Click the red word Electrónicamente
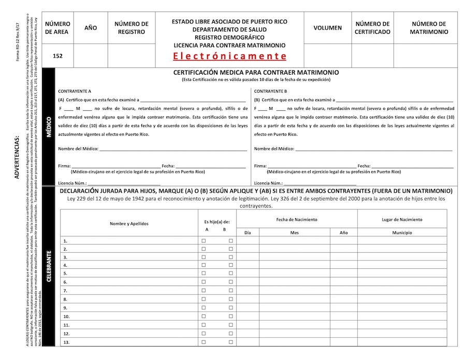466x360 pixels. tap(229, 56)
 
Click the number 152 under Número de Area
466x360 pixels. tap(57, 56)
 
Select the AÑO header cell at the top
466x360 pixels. tap(91, 28)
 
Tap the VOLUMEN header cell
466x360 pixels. tap(327, 28)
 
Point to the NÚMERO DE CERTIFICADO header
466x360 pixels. tap(372, 28)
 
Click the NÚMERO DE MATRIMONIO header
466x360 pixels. tap(429, 28)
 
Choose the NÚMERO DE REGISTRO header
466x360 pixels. tap(131, 28)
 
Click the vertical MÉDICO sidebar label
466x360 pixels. tap(49, 126)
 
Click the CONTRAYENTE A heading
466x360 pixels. tap(75, 91)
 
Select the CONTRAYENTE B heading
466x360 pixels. tap(270, 91)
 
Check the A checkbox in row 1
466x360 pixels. tap(203, 241)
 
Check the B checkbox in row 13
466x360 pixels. tap(231, 342)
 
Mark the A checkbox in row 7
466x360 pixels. tap(203, 291)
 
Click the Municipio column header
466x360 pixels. tap(402, 233)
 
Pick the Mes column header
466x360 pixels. tap(295, 233)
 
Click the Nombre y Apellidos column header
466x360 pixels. tap(129, 224)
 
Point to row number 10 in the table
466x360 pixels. tap(66, 316)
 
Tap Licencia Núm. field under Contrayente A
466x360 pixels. tap(124, 183)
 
